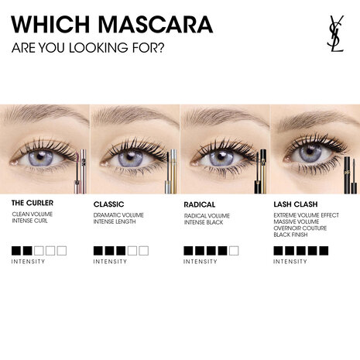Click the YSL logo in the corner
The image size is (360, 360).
[334, 33]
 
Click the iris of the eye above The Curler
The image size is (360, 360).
[41, 157]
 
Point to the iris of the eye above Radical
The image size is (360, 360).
[218, 157]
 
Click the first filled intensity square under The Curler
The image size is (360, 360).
[16, 251]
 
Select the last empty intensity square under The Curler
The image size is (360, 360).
[62, 251]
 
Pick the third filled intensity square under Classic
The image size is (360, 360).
[120, 251]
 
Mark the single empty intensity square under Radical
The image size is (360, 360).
[234, 251]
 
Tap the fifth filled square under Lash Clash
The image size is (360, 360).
[324, 251]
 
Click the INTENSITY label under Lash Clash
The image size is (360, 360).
[290, 262]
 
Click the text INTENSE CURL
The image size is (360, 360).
[32, 221]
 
